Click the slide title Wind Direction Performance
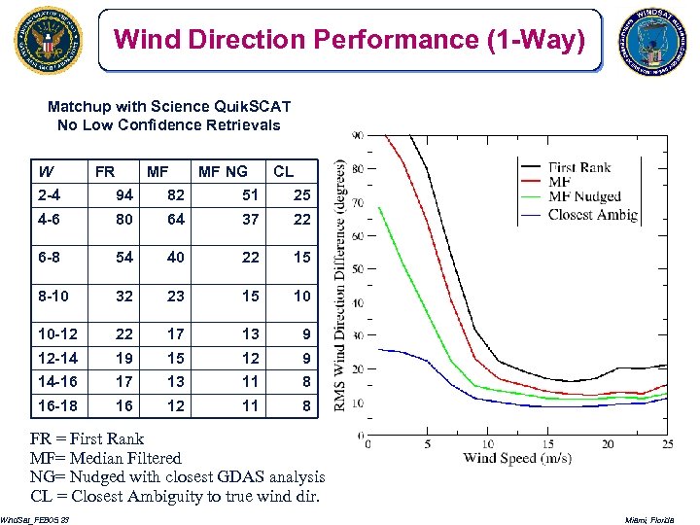pyautogui.click(x=350, y=40)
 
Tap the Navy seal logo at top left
pyautogui.click(x=48, y=40)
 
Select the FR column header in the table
pyautogui.click(x=104, y=172)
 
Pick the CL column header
pyautogui.click(x=283, y=172)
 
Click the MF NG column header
pyautogui.click(x=223, y=172)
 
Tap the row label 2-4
pyautogui.click(x=50, y=194)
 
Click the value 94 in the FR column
pyautogui.click(x=124, y=194)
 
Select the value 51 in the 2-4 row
pyautogui.click(x=250, y=194)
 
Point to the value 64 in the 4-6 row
pyautogui.click(x=176, y=220)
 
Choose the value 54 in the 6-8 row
pyautogui.click(x=124, y=258)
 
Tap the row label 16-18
pyautogui.click(x=57, y=405)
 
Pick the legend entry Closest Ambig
pyautogui.click(x=592, y=214)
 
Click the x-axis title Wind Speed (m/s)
pyautogui.click(x=516, y=458)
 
